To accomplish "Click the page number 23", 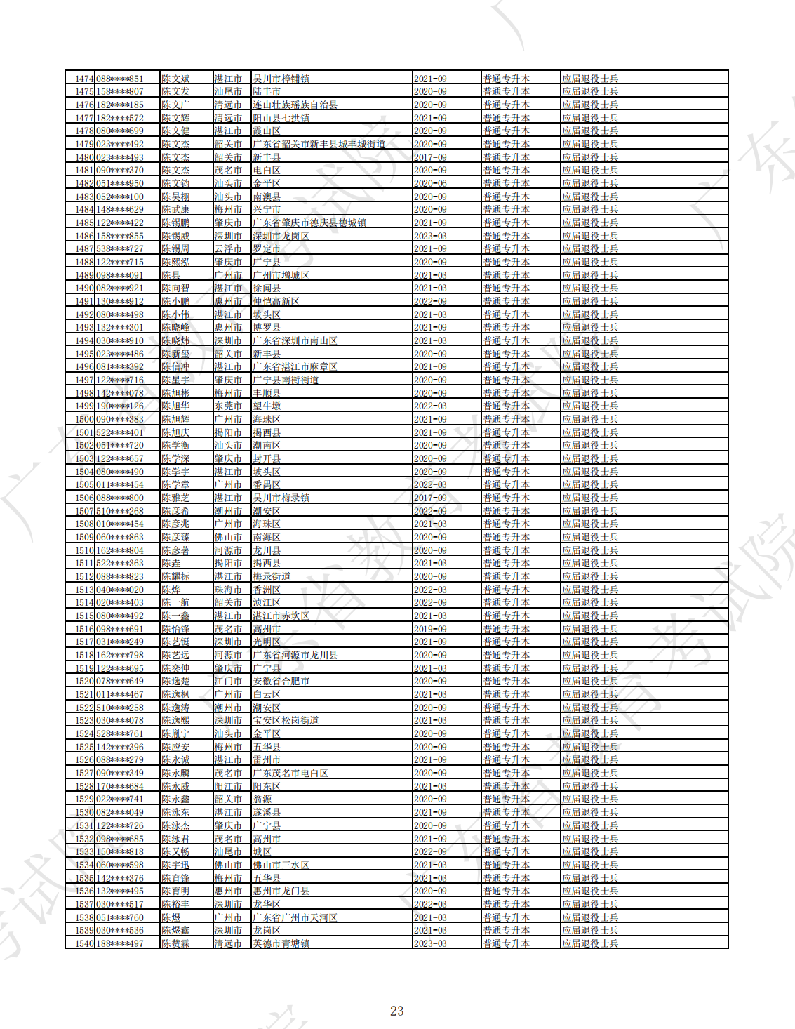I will (x=396, y=1011).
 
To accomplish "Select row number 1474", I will (x=84, y=79).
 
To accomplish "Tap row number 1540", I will (x=84, y=943).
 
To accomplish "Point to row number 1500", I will (x=84, y=419).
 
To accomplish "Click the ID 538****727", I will (x=120, y=249).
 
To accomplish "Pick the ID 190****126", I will (x=120, y=406).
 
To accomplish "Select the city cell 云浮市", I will (x=228, y=249).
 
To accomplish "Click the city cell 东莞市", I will (x=228, y=406).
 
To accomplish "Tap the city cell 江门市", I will (x=228, y=682).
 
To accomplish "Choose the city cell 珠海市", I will (x=228, y=590).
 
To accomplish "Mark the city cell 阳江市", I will (x=228, y=786).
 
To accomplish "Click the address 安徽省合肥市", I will (x=281, y=682).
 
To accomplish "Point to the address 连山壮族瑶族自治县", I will (x=295, y=105).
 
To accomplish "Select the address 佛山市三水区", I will (x=281, y=865).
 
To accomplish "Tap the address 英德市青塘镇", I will (x=281, y=943).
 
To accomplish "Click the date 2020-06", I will (x=430, y=183).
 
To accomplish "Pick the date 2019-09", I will (x=430, y=629).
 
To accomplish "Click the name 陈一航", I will (x=175, y=603).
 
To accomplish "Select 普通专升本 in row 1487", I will (x=506, y=249).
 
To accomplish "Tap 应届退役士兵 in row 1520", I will (x=590, y=682).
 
